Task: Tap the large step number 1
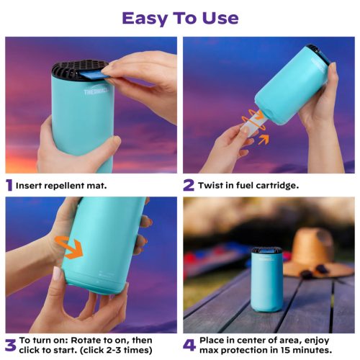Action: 9,185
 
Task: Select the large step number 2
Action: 188,185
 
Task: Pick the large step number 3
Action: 10,344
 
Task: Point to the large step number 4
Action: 189,344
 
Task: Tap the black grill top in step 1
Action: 75,71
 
